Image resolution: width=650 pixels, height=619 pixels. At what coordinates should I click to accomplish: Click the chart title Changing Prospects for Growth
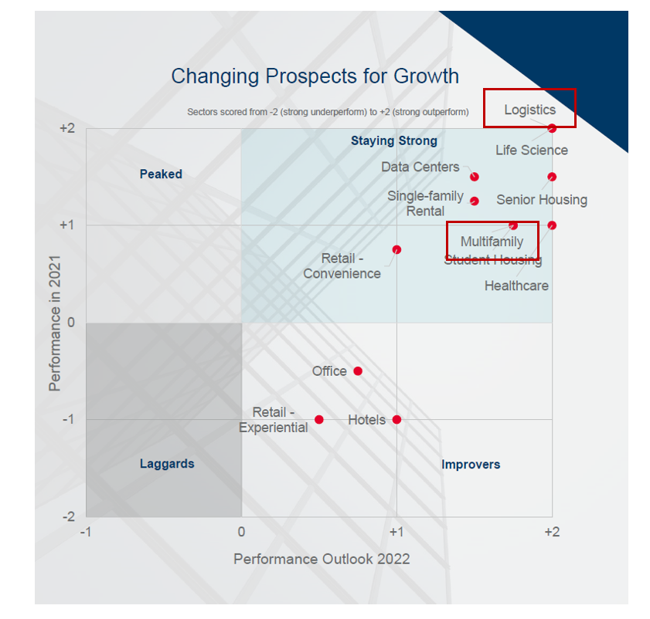pos(315,76)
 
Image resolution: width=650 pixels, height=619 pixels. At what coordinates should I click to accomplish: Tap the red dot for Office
pos(358,371)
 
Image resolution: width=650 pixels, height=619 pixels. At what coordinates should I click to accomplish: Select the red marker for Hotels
pos(396,420)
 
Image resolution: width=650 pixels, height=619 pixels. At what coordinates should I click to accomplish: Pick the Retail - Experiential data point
pos(318,420)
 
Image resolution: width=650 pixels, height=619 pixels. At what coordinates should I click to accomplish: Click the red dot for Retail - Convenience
pos(396,249)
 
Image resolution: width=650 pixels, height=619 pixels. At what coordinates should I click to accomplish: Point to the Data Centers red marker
pos(475,177)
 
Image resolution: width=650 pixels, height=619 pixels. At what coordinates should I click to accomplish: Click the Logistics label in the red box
pos(529,110)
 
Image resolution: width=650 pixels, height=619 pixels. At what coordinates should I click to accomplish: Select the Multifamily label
pos(492,242)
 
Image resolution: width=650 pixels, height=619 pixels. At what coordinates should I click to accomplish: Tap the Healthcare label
pos(516,286)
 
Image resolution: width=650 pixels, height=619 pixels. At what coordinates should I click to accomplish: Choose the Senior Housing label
pos(541,200)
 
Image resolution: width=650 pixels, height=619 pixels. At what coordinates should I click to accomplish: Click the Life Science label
pos(532,150)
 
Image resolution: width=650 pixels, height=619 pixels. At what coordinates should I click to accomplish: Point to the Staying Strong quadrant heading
pos(393,140)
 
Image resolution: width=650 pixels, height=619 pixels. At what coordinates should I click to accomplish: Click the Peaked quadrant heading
pos(161,174)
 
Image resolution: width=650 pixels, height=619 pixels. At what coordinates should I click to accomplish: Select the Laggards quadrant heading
pos(167,464)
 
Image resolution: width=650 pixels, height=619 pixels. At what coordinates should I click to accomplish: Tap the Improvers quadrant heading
pos(471,465)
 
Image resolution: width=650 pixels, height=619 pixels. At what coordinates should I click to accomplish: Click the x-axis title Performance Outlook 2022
pos(322,559)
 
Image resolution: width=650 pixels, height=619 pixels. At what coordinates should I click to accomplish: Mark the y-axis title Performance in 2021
pos(55,321)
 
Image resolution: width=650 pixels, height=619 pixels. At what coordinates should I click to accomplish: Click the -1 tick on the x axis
pos(86,532)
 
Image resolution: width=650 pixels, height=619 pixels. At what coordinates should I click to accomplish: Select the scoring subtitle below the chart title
pos(328,112)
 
